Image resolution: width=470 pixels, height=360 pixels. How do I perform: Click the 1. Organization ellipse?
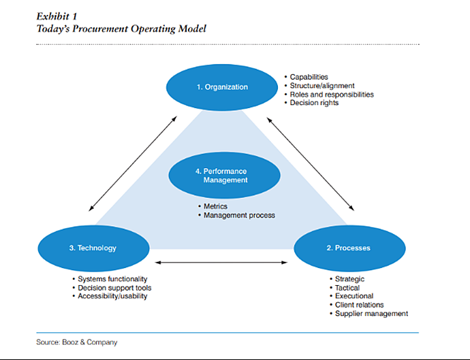[222, 87]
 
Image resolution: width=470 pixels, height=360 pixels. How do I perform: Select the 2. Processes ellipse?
[349, 248]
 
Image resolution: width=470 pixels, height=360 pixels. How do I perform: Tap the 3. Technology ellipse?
[93, 248]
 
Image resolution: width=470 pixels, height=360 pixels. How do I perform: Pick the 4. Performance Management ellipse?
[225, 176]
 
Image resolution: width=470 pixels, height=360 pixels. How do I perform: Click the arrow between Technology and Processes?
[221, 263]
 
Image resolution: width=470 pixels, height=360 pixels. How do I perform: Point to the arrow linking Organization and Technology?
[133, 164]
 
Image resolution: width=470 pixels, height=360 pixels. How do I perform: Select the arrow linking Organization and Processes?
[311, 164]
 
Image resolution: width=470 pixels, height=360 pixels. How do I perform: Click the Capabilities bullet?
[306, 77]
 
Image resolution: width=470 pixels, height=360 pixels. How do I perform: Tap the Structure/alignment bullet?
[319, 86]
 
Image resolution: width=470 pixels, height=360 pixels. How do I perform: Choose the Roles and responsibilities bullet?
[329, 95]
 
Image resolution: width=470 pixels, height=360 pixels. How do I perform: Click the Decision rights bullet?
[311, 103]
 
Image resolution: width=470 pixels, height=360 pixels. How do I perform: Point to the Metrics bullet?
[213, 206]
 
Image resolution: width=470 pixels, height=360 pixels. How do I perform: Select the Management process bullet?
[236, 215]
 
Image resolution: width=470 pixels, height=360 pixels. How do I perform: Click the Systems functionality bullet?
[110, 279]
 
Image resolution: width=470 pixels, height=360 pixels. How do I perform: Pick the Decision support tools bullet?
[112, 288]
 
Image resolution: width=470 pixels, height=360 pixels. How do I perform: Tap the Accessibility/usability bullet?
[110, 296]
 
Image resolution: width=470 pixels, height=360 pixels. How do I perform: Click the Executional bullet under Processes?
[351, 296]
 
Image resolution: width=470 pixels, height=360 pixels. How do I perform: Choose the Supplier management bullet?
[369, 314]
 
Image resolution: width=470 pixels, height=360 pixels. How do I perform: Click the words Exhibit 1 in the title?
[57, 16]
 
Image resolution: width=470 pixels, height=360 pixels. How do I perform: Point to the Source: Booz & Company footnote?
[77, 342]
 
